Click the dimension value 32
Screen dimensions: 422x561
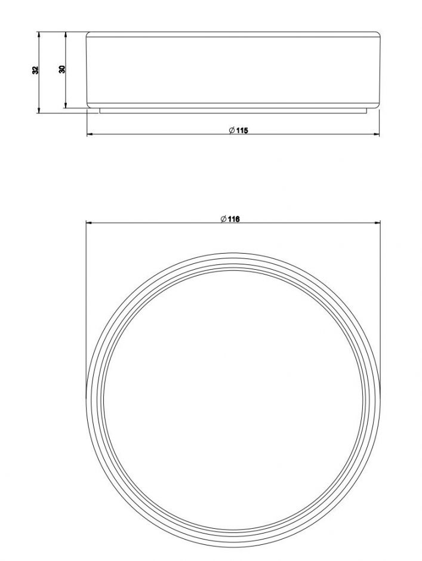(x=35, y=70)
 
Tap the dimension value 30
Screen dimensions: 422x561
(x=62, y=69)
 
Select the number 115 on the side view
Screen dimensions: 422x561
(x=242, y=131)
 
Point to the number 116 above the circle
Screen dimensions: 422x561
(x=234, y=219)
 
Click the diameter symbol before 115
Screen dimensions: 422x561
(x=232, y=131)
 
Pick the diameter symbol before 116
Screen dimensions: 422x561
(x=224, y=219)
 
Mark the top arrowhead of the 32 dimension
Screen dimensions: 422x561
(x=38, y=35)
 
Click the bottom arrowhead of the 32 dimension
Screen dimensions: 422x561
(x=38, y=110)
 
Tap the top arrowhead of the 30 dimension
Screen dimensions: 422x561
(x=65, y=35)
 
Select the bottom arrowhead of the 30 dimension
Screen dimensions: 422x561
(x=65, y=105)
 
